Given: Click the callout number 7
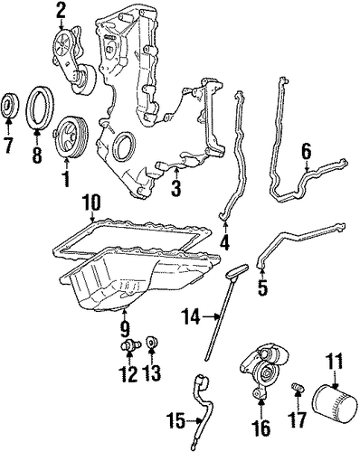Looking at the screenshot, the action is point(8,145).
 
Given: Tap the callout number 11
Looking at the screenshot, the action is point(335,361).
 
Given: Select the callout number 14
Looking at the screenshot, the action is point(191,316).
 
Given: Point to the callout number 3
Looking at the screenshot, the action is point(175,188).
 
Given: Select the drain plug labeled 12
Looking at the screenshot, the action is point(130,345).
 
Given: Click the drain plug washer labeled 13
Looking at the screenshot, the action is point(152,343).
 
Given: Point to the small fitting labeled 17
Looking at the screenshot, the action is point(298,388).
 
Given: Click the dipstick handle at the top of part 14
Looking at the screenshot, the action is point(237,270).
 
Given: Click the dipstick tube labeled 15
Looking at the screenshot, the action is point(199,400).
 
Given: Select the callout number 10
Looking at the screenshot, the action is point(92,205).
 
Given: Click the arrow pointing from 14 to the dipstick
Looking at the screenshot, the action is point(210,316).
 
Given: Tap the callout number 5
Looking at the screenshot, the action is point(262,287).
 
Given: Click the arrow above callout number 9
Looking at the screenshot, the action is point(124,314).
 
